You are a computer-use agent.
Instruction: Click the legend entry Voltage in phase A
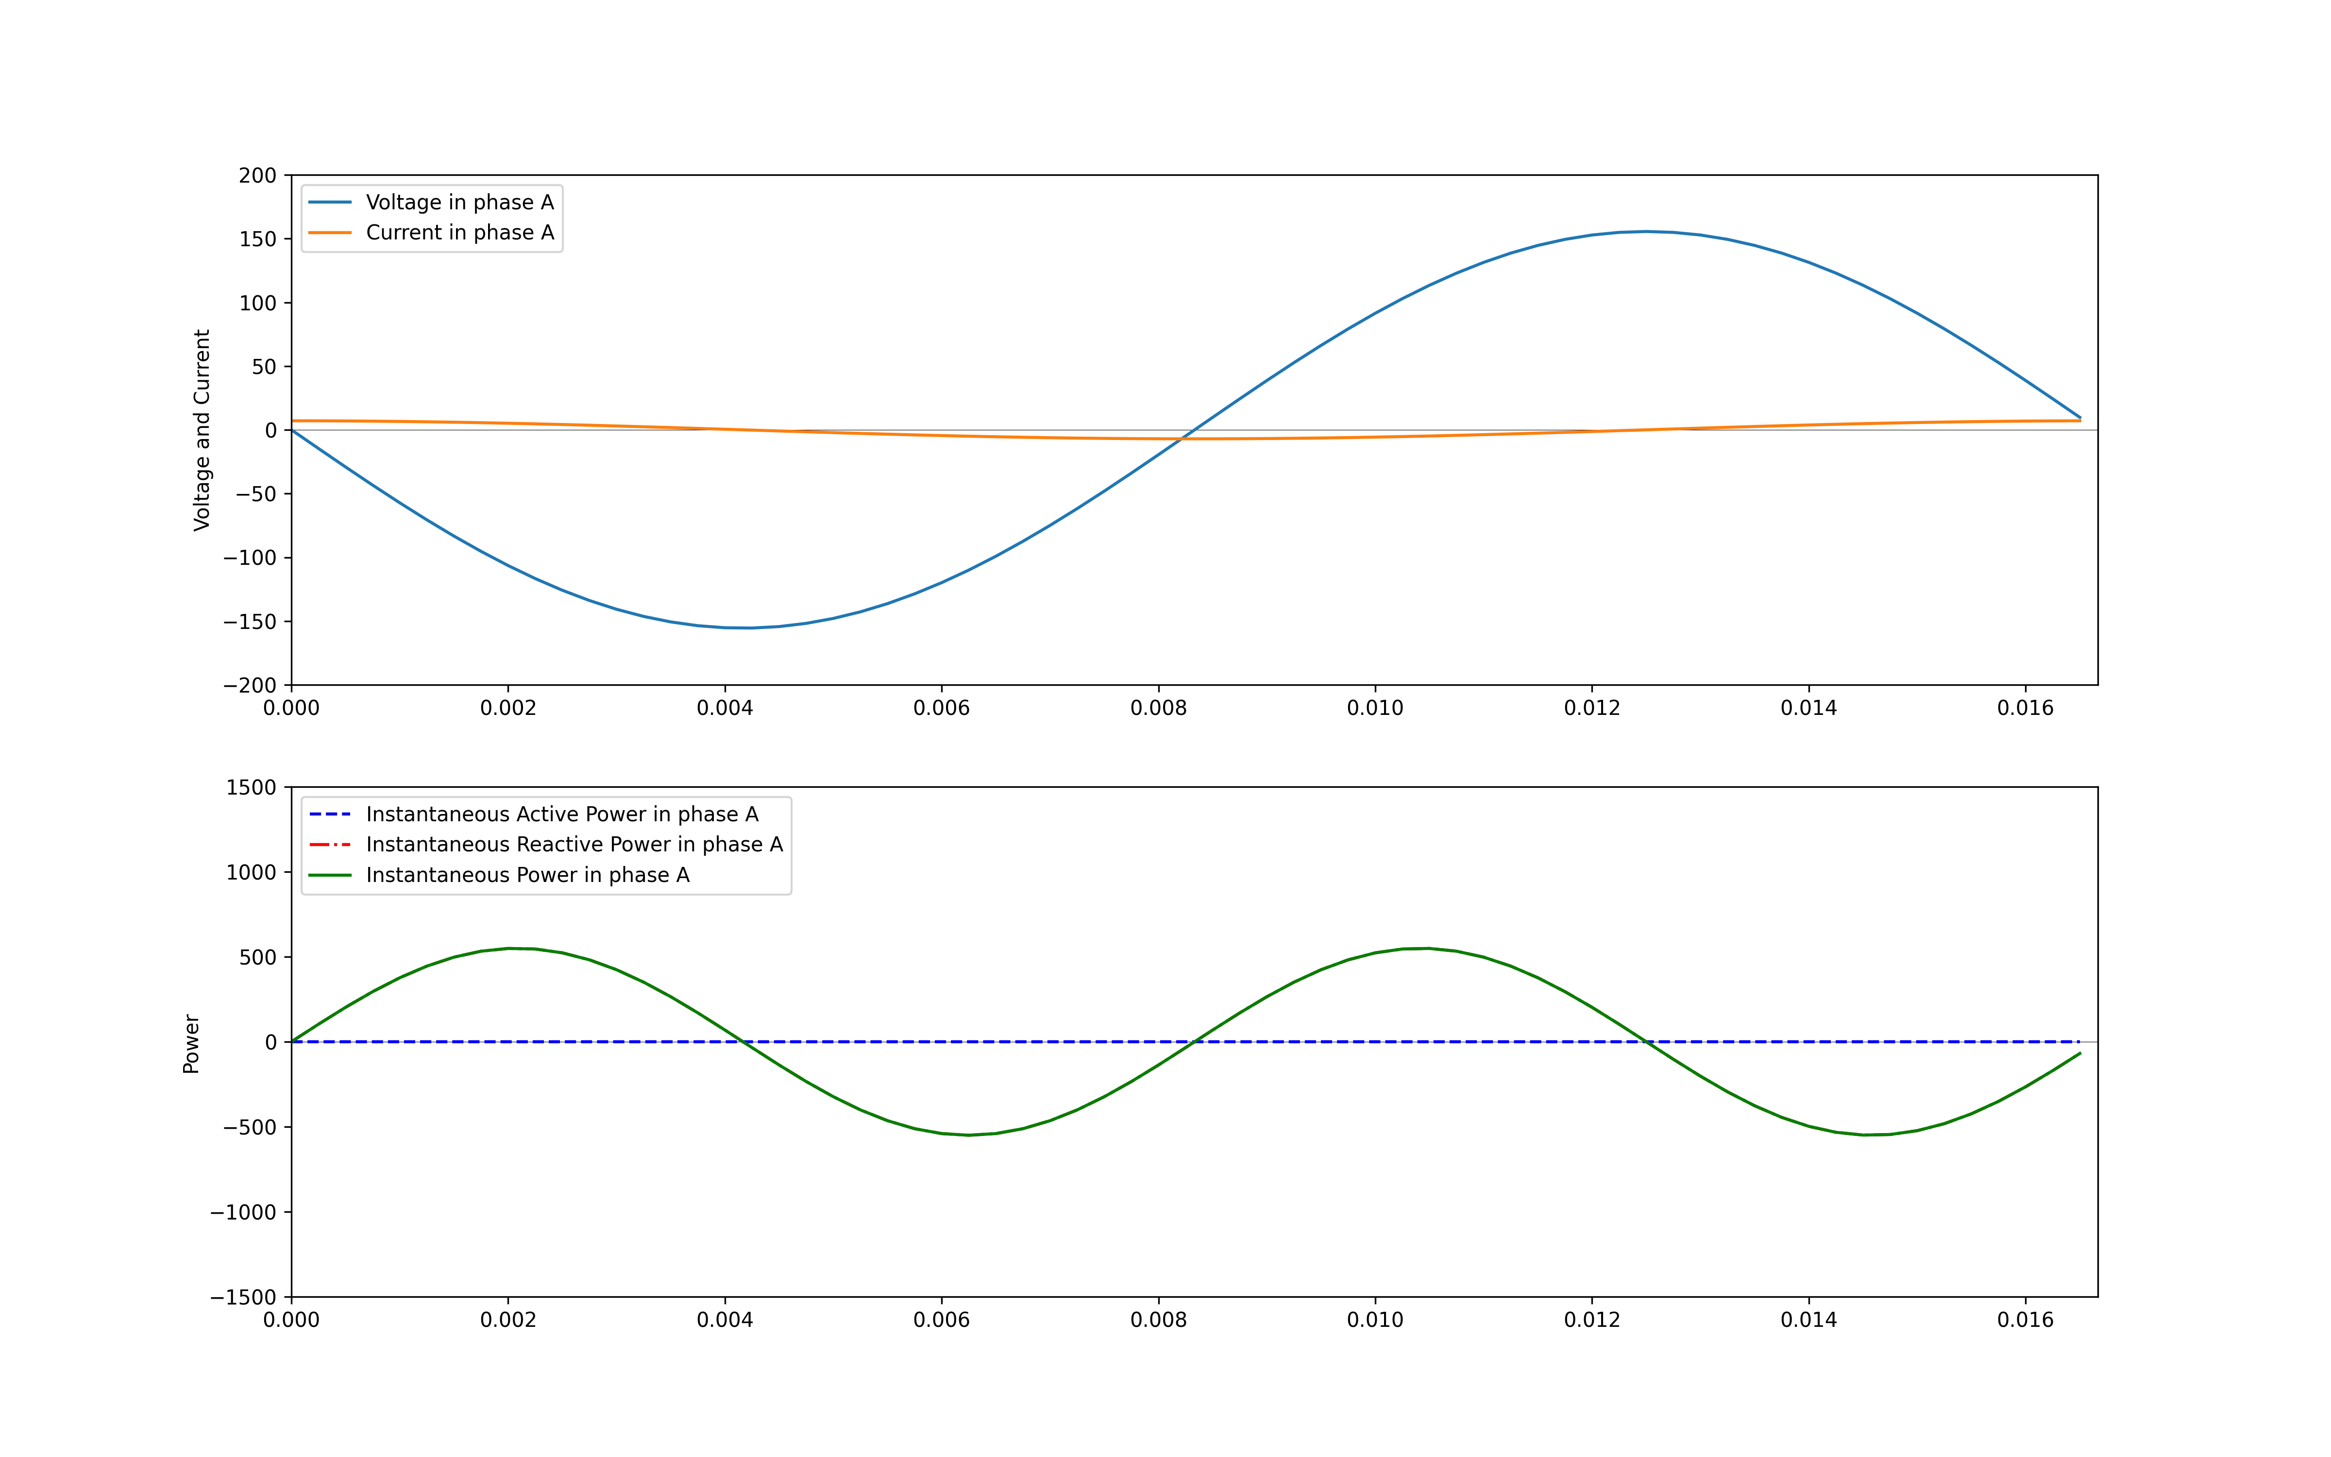[459, 203]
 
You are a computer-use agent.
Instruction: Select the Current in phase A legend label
[459, 232]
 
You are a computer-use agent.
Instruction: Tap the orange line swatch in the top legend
[329, 232]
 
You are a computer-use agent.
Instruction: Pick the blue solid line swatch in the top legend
[329, 203]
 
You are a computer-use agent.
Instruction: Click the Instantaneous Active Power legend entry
[561, 814]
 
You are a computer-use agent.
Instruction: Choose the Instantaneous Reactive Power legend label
[574, 844]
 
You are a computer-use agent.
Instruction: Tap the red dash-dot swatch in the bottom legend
[329, 844]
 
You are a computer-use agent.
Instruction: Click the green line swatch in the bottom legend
[329, 875]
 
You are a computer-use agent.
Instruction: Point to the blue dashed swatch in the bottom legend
[329, 814]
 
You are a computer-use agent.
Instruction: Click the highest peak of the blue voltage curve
[1645, 232]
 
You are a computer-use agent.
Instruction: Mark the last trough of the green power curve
[1871, 1134]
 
